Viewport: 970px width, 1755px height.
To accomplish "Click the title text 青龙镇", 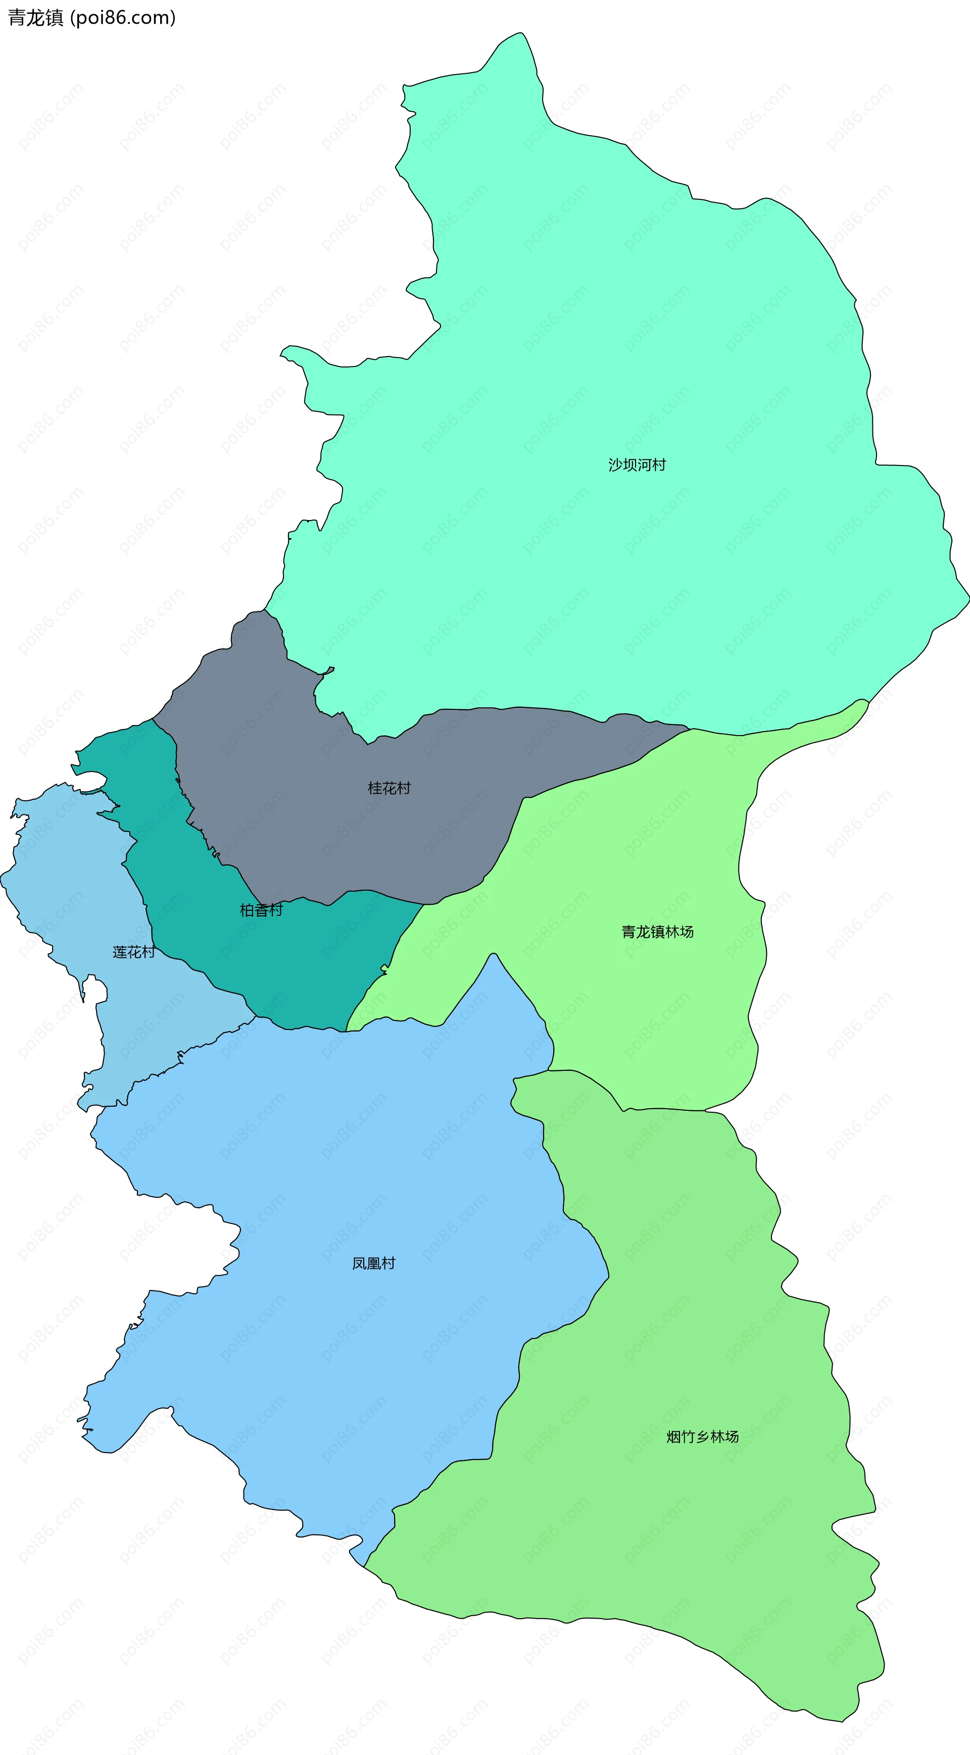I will tap(35, 18).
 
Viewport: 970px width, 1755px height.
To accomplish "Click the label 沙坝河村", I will tap(637, 464).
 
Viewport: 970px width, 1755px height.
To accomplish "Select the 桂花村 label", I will tap(389, 788).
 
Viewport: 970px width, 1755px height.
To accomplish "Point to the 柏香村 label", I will tap(261, 910).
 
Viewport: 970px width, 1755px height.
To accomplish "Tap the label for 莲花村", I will tap(133, 952).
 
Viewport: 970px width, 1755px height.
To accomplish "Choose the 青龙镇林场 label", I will tap(657, 932).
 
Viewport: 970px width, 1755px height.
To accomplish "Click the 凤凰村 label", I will tap(373, 1264).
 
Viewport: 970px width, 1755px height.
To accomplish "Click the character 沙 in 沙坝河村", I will tap(615, 464).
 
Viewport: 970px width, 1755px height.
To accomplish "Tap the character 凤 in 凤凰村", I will tap(359, 1264).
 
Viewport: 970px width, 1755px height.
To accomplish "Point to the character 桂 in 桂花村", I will tap(375, 788).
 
